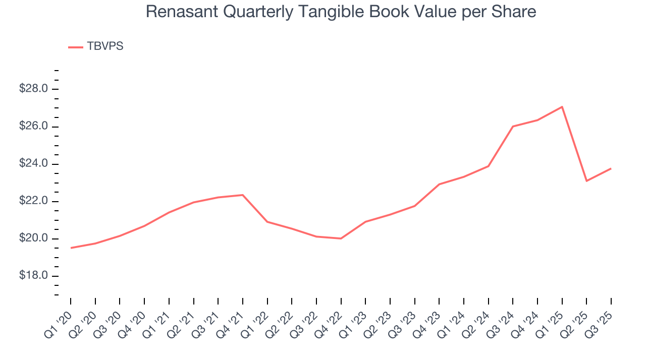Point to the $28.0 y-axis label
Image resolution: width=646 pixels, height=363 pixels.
coord(33,89)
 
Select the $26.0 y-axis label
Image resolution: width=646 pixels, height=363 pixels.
coord(33,127)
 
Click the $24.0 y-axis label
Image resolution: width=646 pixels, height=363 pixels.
coord(33,164)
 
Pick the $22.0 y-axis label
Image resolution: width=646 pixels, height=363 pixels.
coord(33,201)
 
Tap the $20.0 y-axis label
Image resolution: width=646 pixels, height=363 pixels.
coord(33,238)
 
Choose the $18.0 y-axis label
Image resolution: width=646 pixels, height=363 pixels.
coord(33,276)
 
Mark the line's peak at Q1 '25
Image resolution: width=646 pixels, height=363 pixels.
coord(562,107)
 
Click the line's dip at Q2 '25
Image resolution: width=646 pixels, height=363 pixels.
coord(586,181)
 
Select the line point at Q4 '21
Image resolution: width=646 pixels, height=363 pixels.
coord(243,195)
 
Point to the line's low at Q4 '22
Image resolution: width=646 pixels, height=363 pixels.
coord(341,238)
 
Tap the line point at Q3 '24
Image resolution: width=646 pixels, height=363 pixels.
coord(513,126)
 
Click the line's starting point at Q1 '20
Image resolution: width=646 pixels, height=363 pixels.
coord(71,248)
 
